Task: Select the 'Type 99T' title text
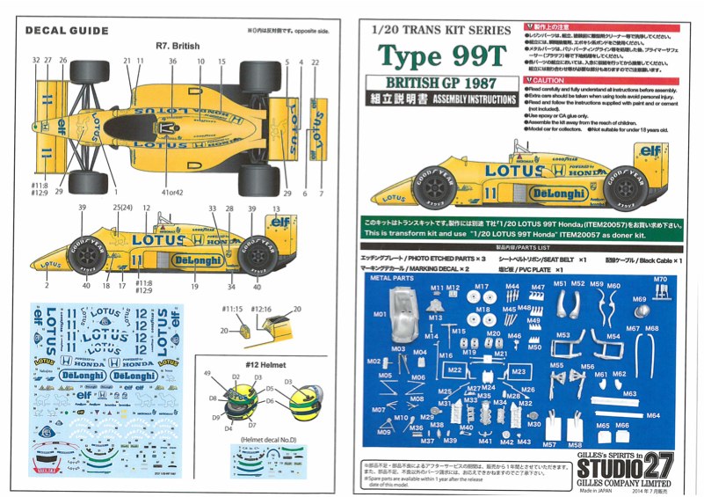pos(442,57)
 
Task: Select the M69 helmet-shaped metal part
pos(642,311)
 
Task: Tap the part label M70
pos(660,280)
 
